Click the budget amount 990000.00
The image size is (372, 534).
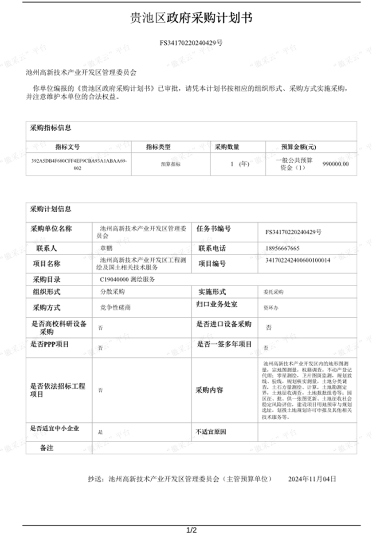point(336,164)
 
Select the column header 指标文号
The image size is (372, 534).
point(67,147)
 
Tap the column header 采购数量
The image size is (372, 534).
point(227,147)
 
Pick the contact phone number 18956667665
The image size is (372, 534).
point(283,248)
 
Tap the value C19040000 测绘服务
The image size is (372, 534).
point(128,280)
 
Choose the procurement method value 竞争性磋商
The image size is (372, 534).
point(112,307)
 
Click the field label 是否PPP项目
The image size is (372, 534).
point(50,344)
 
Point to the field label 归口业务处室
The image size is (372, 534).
point(217,304)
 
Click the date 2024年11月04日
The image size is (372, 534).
point(312,479)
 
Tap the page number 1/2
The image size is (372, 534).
point(191,530)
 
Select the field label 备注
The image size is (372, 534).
point(47,448)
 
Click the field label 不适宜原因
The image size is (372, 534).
point(211,431)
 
